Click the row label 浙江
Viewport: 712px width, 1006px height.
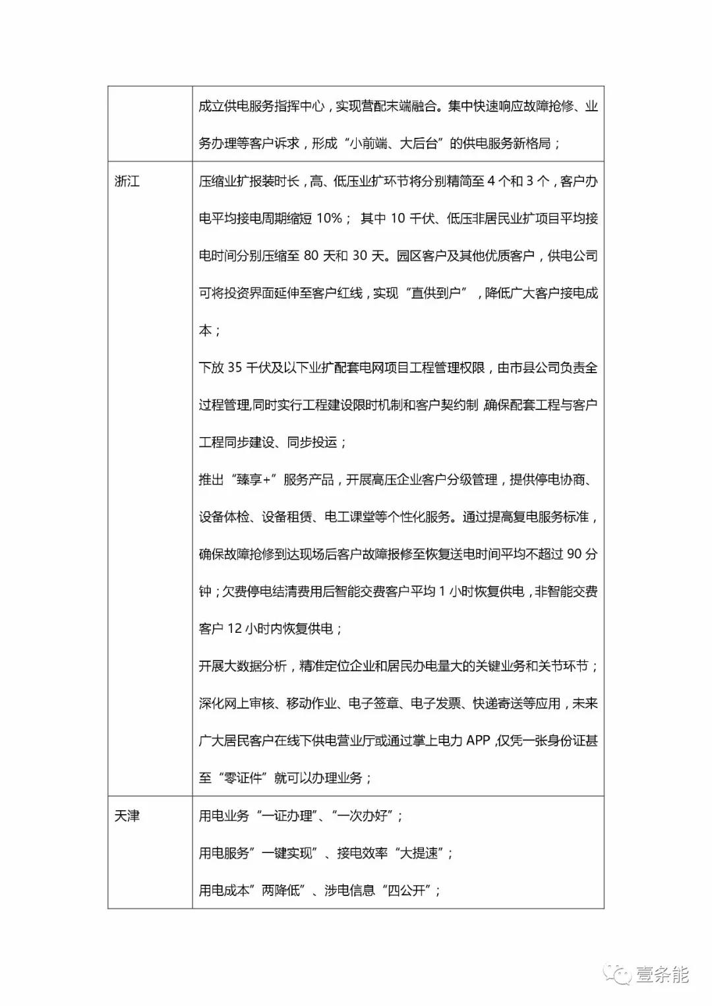click(127, 181)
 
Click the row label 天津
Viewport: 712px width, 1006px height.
click(127, 816)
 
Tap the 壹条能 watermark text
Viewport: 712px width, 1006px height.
click(662, 974)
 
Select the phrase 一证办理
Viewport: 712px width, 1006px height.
click(287, 816)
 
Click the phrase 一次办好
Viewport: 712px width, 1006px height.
click(362, 816)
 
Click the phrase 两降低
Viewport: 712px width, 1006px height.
click(281, 891)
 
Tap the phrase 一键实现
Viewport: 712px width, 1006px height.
click(287, 853)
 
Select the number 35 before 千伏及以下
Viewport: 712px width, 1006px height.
click(235, 368)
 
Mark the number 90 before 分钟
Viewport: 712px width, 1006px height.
click(574, 554)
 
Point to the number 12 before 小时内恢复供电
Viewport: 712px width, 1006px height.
click(235, 629)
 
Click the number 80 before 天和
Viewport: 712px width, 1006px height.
click(311, 256)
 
